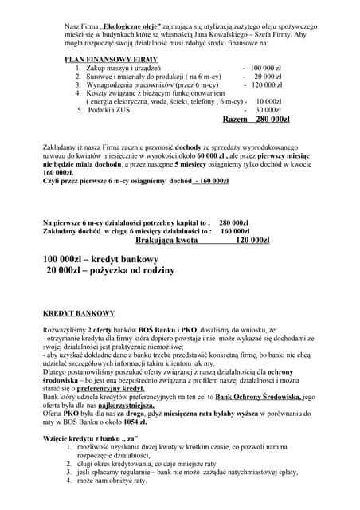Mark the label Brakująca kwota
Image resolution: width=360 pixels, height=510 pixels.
point(166,239)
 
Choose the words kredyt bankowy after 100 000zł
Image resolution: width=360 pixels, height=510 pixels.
point(131,261)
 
